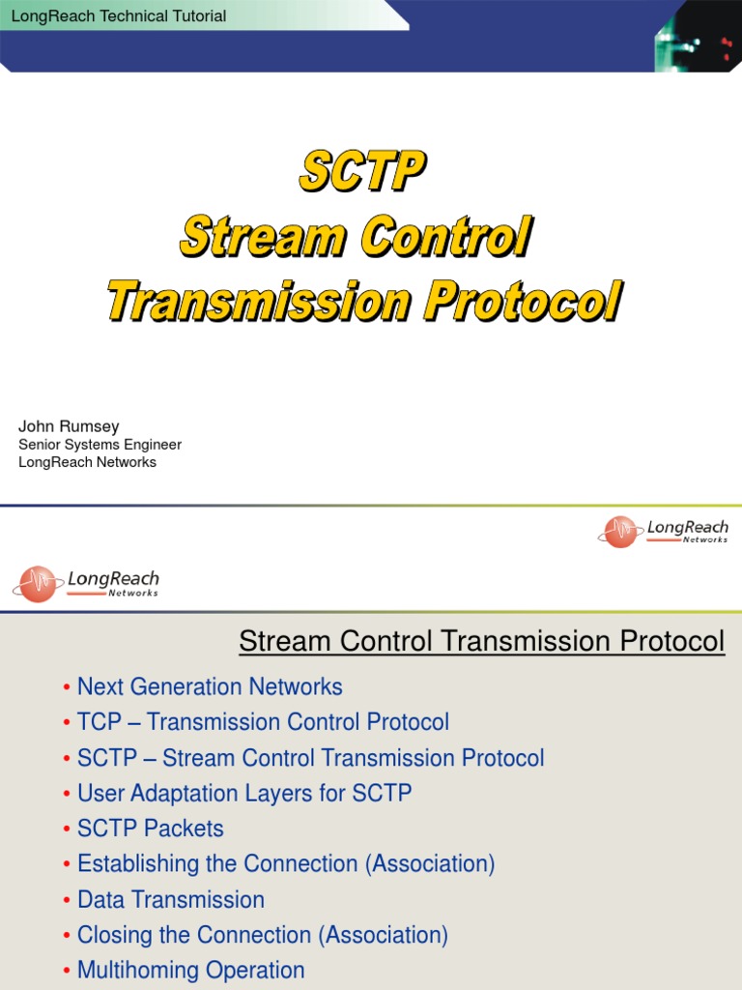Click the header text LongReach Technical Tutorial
(x=117, y=15)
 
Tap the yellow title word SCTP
(x=361, y=173)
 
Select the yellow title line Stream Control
(x=356, y=237)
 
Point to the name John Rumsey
(x=70, y=426)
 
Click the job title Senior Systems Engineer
(x=100, y=445)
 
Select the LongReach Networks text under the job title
(x=88, y=462)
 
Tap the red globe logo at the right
(x=619, y=531)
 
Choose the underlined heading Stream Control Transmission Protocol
(x=481, y=641)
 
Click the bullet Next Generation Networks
(x=210, y=687)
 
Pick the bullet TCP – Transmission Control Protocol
(x=263, y=722)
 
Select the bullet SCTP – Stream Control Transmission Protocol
(x=310, y=758)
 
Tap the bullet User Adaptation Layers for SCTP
(x=244, y=794)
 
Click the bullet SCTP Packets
(x=150, y=829)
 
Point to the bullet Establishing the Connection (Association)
(x=286, y=864)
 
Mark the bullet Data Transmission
(x=171, y=900)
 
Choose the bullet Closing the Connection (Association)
(x=263, y=935)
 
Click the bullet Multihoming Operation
(x=191, y=970)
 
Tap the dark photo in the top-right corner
(x=699, y=36)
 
